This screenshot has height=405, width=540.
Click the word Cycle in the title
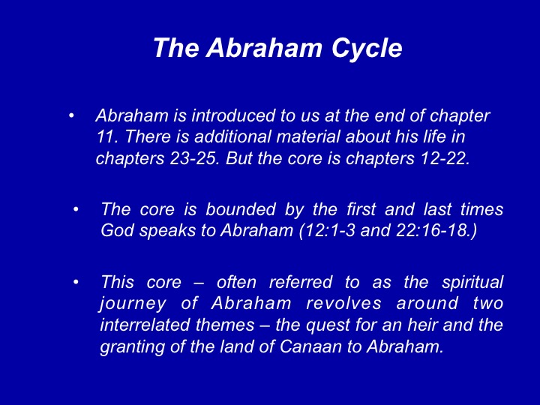click(x=367, y=49)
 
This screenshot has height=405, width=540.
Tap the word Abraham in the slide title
click(x=264, y=47)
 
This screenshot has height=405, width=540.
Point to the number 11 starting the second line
click(x=105, y=136)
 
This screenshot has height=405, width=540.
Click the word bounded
click(x=241, y=209)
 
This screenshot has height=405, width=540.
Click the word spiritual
click(x=472, y=283)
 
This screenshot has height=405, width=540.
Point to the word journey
click(x=133, y=304)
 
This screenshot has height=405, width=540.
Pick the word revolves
click(x=343, y=304)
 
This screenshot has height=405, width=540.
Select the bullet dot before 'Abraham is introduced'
click(x=71, y=115)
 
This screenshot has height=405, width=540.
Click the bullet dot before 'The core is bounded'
click(x=76, y=209)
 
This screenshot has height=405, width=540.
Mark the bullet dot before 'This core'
click(x=76, y=283)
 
